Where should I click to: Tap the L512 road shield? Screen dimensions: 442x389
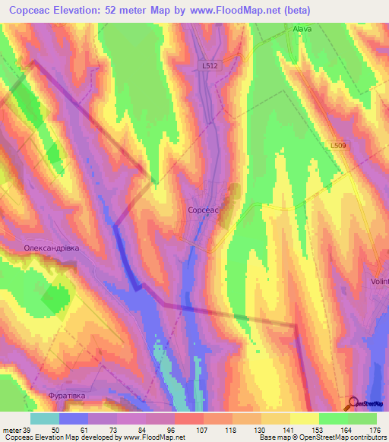pos(210,66)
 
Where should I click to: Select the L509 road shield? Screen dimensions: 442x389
pos(338,145)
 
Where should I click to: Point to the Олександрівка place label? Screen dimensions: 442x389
pos(52,248)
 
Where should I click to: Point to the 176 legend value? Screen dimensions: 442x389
pos(373,430)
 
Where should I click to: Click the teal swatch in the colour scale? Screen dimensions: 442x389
pos(45,418)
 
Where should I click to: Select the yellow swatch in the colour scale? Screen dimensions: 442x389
pos(304,418)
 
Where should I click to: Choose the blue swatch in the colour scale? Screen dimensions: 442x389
pos(74,418)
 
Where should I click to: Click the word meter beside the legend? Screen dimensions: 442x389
pos(9,430)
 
